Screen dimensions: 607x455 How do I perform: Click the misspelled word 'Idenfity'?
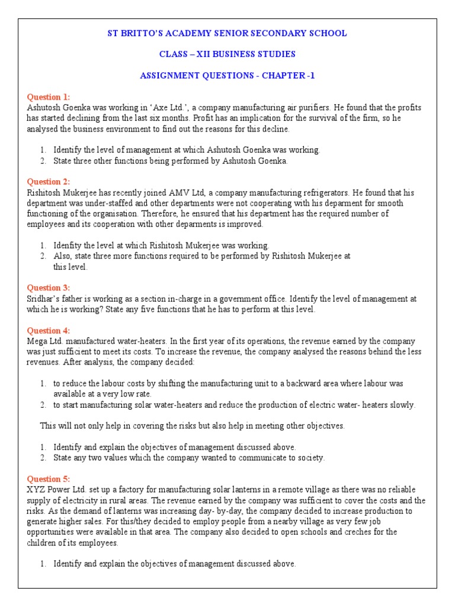coord(68,245)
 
